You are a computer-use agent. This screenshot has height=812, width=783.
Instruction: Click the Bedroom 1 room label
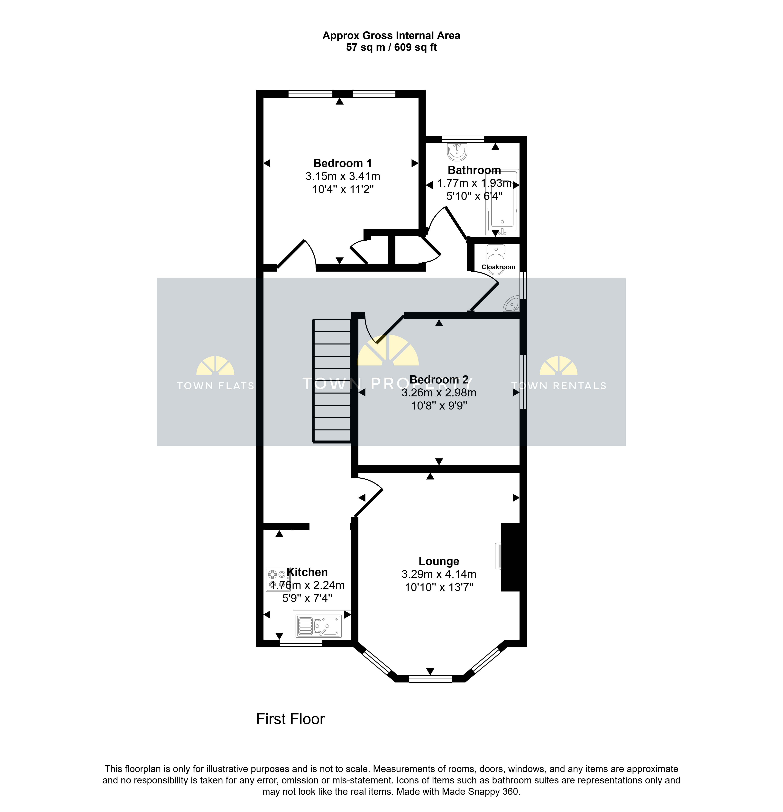[x=342, y=163]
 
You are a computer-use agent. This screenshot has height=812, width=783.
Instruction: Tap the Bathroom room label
[x=474, y=170]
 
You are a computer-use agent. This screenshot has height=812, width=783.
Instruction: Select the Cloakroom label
[x=498, y=267]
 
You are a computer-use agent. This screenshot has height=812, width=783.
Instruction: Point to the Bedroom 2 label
[x=439, y=379]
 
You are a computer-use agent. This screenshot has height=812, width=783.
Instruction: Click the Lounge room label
[x=439, y=561]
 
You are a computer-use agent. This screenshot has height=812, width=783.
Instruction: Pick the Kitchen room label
[x=307, y=572]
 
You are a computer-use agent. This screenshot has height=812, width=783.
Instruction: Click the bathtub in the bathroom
[x=502, y=202]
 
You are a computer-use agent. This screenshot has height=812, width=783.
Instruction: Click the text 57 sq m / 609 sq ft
[x=391, y=47]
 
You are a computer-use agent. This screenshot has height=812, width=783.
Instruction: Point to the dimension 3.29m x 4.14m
[x=439, y=574]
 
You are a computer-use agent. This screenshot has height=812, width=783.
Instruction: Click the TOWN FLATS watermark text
[x=216, y=386]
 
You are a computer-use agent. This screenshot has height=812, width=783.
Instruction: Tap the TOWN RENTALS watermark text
[x=559, y=386]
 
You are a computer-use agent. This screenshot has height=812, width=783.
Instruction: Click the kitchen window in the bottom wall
[x=301, y=643]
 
